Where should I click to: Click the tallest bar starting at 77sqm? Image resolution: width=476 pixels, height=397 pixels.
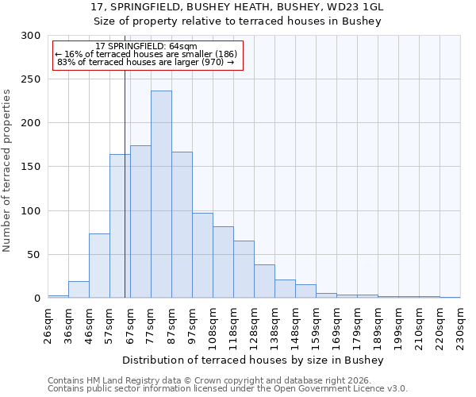click(161, 195)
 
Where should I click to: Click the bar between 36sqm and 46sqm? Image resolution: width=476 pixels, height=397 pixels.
click(79, 290)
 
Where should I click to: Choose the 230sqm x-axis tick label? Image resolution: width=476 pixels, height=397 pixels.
click(461, 325)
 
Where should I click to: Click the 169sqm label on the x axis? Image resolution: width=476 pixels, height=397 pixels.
click(337, 325)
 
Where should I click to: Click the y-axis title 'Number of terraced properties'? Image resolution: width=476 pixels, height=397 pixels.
click(7, 171)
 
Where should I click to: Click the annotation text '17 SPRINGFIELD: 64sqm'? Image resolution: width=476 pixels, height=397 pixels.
click(146, 46)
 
